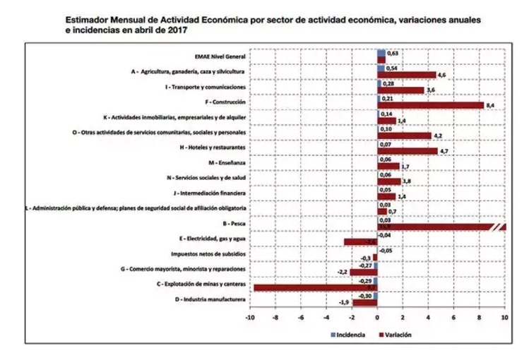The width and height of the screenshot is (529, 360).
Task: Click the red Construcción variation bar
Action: tap(431, 105)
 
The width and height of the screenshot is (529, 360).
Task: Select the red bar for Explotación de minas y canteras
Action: tap(316, 288)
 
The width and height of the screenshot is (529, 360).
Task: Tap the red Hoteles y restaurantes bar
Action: tap(408, 150)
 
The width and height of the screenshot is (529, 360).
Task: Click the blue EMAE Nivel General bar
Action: tap(381, 53)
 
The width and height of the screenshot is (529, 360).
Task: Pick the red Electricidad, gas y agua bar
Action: tap(360, 242)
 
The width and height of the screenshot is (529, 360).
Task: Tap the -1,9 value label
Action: tap(344, 303)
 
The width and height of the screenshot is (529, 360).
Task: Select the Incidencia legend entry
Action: tap(348, 335)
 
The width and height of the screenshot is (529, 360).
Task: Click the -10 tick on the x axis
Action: tap(249, 318)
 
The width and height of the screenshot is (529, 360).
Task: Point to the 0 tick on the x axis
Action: tap(377, 318)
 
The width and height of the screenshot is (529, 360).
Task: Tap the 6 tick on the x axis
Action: tap(454, 318)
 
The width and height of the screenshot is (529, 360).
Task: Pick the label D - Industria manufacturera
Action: tap(212, 299)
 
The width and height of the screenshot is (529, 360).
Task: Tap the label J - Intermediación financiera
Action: tap(209, 193)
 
